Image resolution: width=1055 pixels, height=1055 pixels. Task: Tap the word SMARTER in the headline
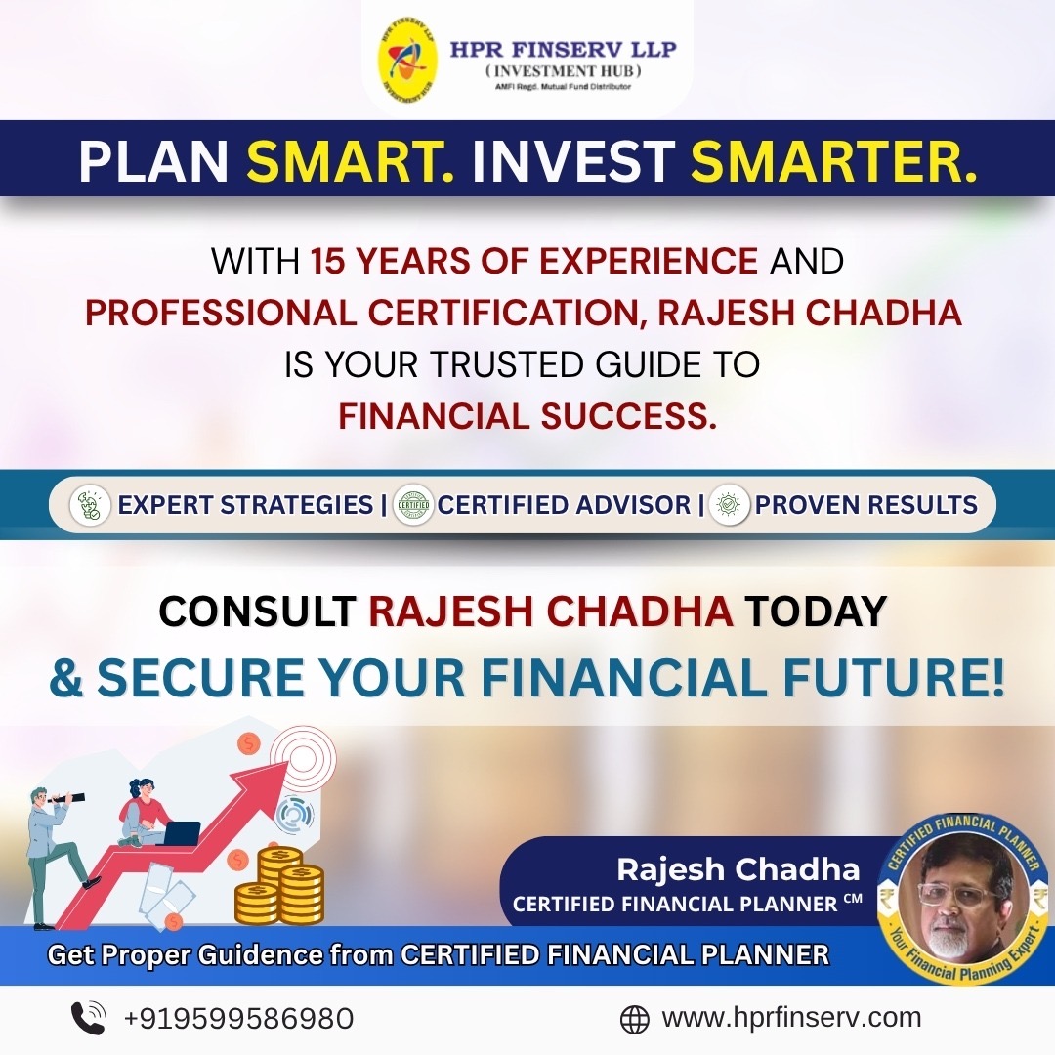pyautogui.click(x=833, y=161)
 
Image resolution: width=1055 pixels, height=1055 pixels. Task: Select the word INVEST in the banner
pyautogui.click(x=572, y=161)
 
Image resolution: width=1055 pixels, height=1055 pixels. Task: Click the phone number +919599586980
pyautogui.click(x=239, y=1018)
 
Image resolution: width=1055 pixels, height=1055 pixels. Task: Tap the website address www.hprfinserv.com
pyautogui.click(x=791, y=1017)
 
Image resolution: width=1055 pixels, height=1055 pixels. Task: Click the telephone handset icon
pyautogui.click(x=88, y=1018)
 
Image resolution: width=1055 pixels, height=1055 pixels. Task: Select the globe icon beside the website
pyautogui.click(x=634, y=1019)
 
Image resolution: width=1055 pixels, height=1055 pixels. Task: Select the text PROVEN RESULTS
pyautogui.click(x=865, y=505)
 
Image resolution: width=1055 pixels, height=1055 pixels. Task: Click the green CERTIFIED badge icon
pyautogui.click(x=413, y=505)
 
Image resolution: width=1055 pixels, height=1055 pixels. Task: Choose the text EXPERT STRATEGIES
pyautogui.click(x=245, y=505)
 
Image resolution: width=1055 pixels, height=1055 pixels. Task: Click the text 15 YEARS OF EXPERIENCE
pyautogui.click(x=534, y=261)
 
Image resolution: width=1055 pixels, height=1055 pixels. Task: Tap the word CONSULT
pyautogui.click(x=257, y=611)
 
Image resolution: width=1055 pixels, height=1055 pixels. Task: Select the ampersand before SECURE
pyautogui.click(x=66, y=678)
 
